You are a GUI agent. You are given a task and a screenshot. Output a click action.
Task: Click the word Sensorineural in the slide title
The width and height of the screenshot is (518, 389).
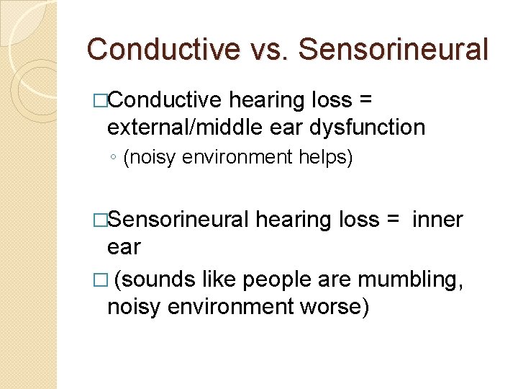click(x=393, y=49)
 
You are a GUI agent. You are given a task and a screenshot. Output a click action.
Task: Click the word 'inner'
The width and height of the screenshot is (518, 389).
click(x=437, y=219)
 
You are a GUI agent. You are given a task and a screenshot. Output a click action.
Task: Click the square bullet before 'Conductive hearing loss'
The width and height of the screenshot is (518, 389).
click(x=100, y=100)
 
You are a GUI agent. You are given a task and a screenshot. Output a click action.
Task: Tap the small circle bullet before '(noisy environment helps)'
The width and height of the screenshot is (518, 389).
click(x=114, y=158)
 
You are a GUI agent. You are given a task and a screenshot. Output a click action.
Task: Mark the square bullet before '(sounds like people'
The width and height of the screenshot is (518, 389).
click(x=100, y=279)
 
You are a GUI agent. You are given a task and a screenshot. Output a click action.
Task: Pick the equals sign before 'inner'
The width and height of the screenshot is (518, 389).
click(x=394, y=219)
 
